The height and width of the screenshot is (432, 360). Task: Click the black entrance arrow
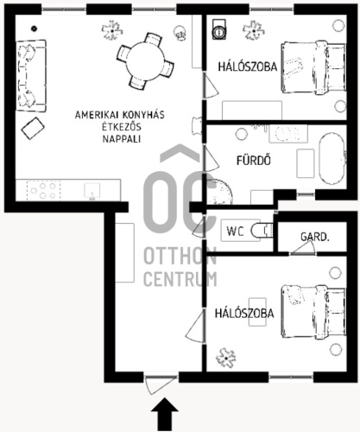tap(165, 416)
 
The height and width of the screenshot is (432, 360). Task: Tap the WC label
tap(235, 231)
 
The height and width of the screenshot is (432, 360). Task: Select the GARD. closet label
tap(314, 237)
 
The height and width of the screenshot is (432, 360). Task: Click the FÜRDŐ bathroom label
tap(254, 161)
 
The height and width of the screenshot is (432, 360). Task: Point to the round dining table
tap(145, 61)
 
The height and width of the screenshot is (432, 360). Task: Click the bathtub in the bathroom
tap(332, 158)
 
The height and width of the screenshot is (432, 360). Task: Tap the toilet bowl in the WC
tap(262, 231)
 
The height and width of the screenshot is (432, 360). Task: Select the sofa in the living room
tap(31, 76)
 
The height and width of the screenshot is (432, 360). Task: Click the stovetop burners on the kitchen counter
tap(43, 190)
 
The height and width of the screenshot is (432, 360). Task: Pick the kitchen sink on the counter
tap(92, 191)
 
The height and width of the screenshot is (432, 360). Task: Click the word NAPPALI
tap(122, 139)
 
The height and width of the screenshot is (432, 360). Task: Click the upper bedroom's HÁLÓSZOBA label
tap(248, 67)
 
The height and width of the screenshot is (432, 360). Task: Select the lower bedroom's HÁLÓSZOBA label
tap(244, 314)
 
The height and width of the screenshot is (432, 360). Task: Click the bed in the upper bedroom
tap(313, 67)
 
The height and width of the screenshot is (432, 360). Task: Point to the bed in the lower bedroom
tap(313, 312)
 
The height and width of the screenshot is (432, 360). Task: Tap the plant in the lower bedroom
tap(226, 358)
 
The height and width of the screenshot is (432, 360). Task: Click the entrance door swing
tap(158, 385)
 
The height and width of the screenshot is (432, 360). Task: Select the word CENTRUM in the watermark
tap(180, 279)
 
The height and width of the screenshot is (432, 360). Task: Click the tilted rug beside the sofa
tap(33, 129)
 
